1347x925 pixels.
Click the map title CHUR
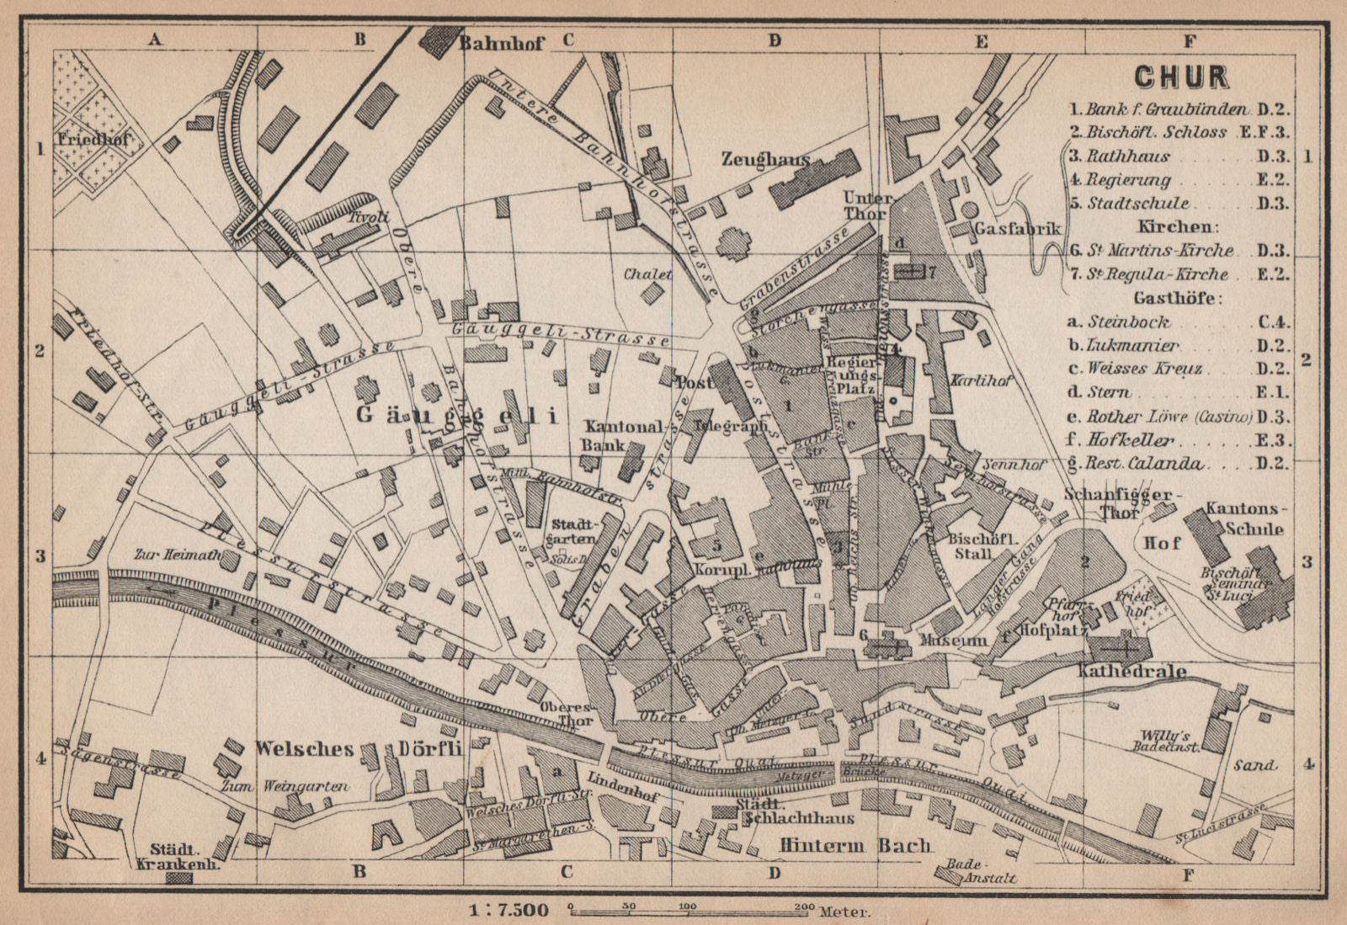coord(1181,77)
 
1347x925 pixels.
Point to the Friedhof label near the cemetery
coord(93,140)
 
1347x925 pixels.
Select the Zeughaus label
coord(765,159)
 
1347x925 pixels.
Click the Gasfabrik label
coord(1017,229)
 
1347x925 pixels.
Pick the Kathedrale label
coord(1132,671)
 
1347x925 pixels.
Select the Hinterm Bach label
coord(855,845)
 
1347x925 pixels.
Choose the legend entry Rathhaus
coord(1128,157)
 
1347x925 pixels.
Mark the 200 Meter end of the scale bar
coord(805,909)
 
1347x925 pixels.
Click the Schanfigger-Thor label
coord(1123,502)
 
